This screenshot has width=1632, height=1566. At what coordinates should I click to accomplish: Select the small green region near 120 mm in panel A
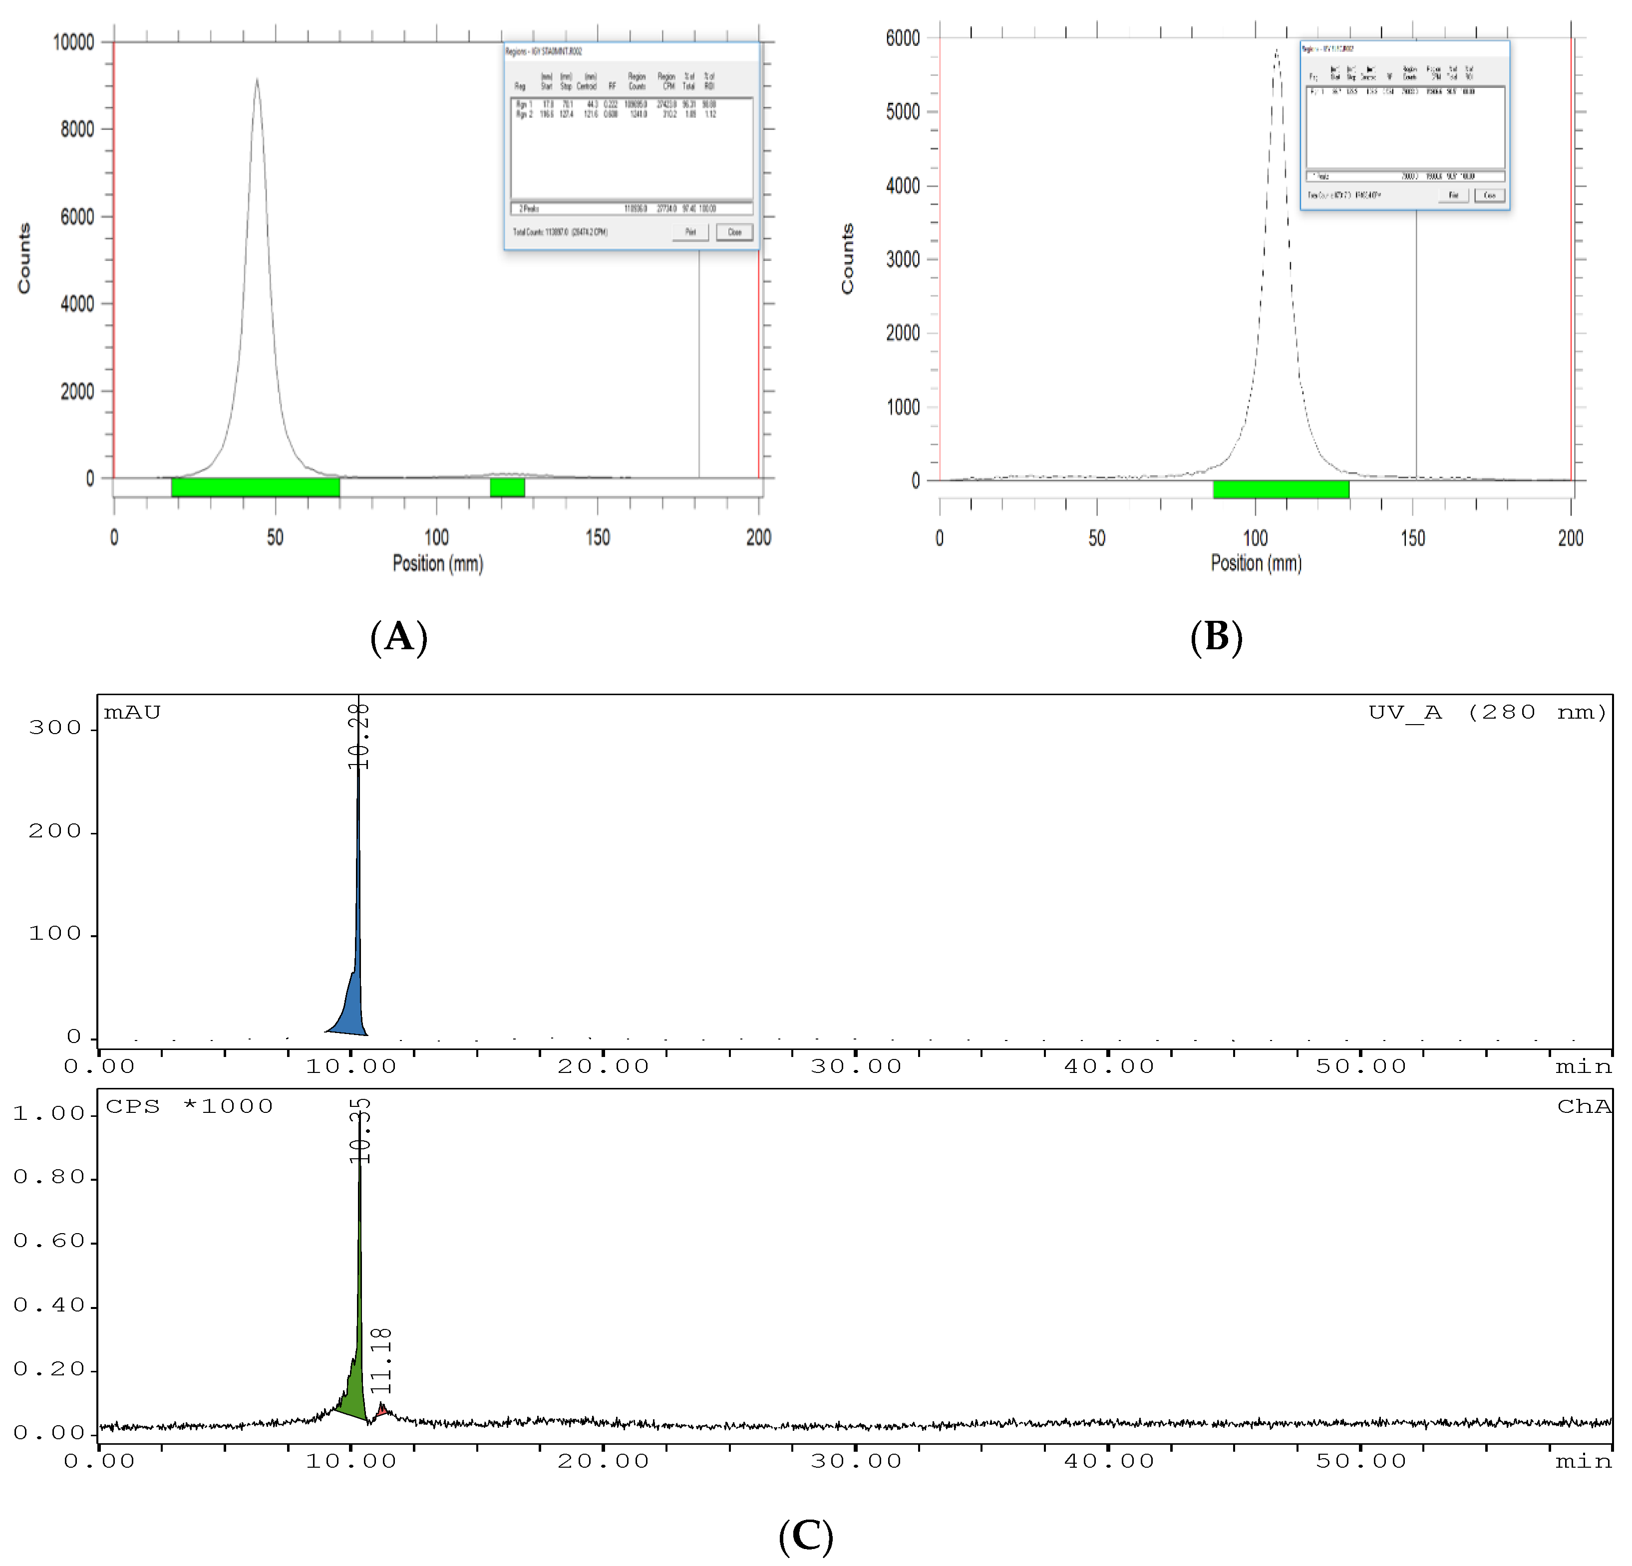tap(507, 487)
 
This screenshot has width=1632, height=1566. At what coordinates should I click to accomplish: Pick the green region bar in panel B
tap(1281, 490)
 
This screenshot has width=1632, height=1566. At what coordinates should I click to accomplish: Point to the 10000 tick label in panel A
tap(73, 41)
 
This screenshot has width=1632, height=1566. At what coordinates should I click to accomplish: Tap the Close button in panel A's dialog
tap(734, 232)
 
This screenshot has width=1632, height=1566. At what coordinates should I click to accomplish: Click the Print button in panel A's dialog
tap(690, 232)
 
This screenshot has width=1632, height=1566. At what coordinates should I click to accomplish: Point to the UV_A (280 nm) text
tap(1487, 713)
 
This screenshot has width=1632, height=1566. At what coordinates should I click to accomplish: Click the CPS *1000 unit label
tap(189, 1106)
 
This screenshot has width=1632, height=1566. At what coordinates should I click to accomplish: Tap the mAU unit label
tap(132, 713)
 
